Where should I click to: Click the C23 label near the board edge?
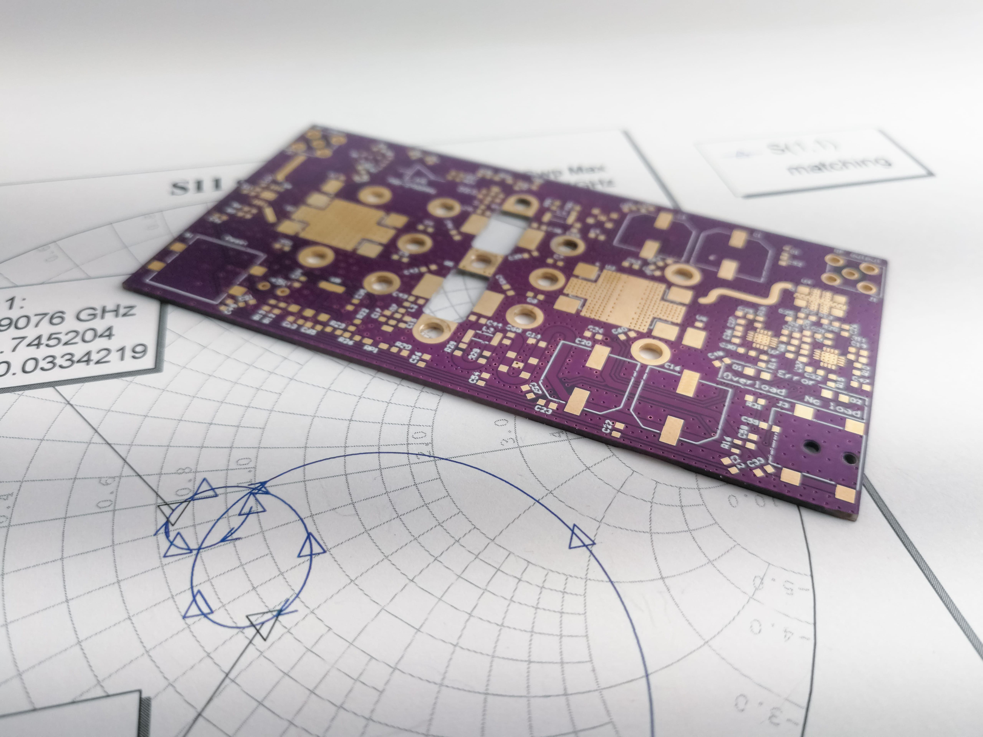pyautogui.click(x=543, y=410)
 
